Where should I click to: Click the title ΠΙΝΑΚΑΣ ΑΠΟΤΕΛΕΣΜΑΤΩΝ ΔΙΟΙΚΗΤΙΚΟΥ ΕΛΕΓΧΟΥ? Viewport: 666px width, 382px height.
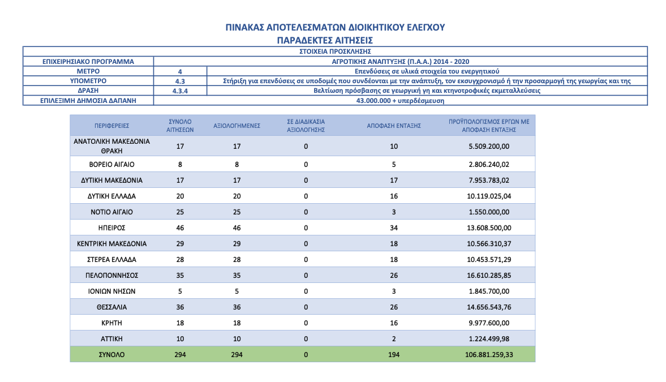pos(335,28)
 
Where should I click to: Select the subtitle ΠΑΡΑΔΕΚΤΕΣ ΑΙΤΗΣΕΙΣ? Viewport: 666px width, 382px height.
pos(325,41)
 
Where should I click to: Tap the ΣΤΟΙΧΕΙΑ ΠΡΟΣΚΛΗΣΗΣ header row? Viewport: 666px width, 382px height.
pos(335,51)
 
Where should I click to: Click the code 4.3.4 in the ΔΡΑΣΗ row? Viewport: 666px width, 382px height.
pos(180,91)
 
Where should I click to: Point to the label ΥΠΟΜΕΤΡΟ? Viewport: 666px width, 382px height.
pos(88,81)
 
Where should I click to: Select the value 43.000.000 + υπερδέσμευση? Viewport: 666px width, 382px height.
pos(400,101)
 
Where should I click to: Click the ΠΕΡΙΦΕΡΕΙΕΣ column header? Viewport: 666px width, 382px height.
pos(111,126)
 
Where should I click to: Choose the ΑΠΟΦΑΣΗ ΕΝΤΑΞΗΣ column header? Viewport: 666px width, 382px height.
pos(394,126)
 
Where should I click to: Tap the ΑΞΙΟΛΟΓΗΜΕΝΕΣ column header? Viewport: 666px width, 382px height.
pos(237,126)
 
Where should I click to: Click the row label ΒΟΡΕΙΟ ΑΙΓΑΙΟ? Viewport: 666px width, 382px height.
pos(111,165)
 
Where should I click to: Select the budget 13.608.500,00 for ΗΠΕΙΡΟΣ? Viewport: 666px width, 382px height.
pos(489,228)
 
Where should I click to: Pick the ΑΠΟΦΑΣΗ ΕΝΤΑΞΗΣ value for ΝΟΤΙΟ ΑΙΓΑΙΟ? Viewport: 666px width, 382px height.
pos(394,212)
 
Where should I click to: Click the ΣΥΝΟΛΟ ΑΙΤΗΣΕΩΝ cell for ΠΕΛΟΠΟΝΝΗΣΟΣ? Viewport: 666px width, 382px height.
pos(180,276)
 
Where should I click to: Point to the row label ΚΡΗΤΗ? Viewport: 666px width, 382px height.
pos(111,323)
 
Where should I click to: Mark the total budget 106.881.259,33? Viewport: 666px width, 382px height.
pos(489,355)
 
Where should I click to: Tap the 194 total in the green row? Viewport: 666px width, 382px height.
pos(394,355)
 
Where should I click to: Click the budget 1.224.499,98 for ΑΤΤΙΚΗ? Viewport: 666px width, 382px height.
pos(489,339)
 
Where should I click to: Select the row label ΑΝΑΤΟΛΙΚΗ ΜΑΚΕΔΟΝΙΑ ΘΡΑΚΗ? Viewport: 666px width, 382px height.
pos(111,146)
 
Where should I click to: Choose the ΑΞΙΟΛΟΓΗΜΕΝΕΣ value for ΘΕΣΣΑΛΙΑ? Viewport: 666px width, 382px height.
pos(237,307)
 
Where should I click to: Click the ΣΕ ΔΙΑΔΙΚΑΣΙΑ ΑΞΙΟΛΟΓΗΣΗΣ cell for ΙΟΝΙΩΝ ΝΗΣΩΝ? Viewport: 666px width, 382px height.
pos(306,291)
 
